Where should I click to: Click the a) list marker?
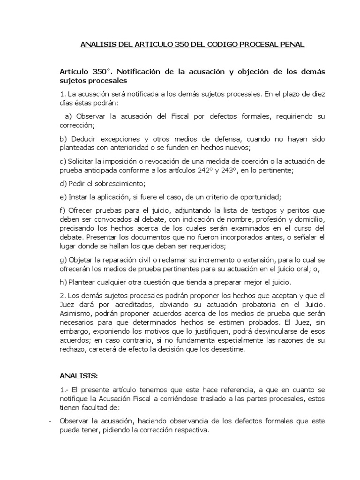click(x=67, y=116)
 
